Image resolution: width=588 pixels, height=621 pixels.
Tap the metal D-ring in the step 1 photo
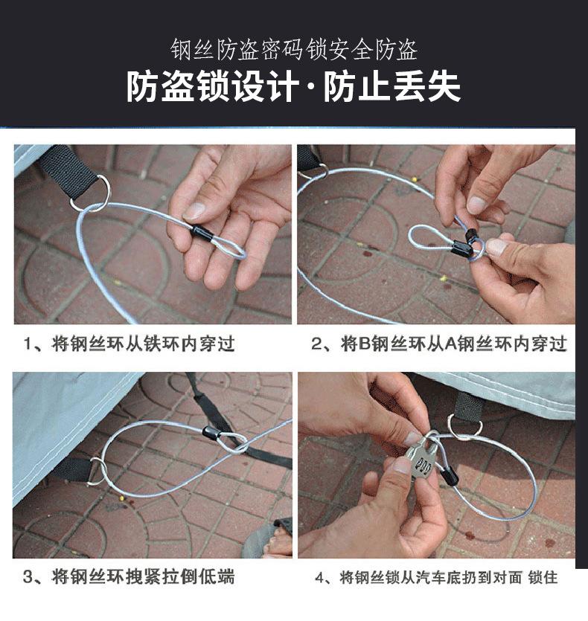point(89,193)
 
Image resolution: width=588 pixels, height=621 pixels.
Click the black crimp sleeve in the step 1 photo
point(202,233)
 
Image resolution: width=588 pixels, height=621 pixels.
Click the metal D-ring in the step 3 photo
point(98,472)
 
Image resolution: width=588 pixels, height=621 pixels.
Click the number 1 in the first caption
point(27,344)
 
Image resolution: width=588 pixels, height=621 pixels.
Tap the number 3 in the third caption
point(28,577)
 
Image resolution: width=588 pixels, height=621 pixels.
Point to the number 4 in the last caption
point(319,577)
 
